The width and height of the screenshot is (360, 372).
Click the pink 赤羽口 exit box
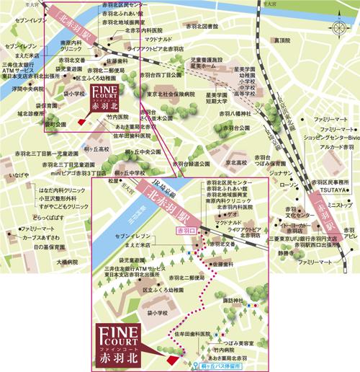pos(186,230)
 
